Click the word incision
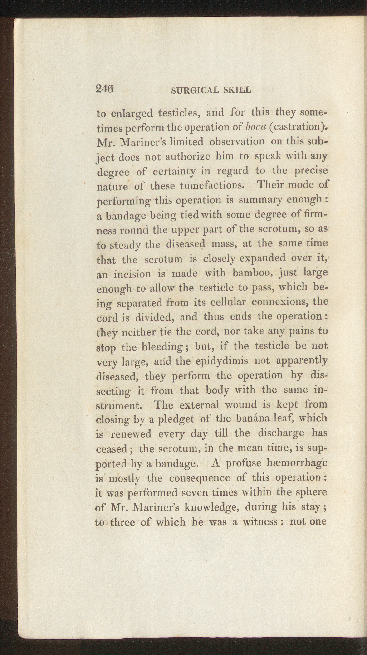tap(132, 274)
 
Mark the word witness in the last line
tap(259, 522)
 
